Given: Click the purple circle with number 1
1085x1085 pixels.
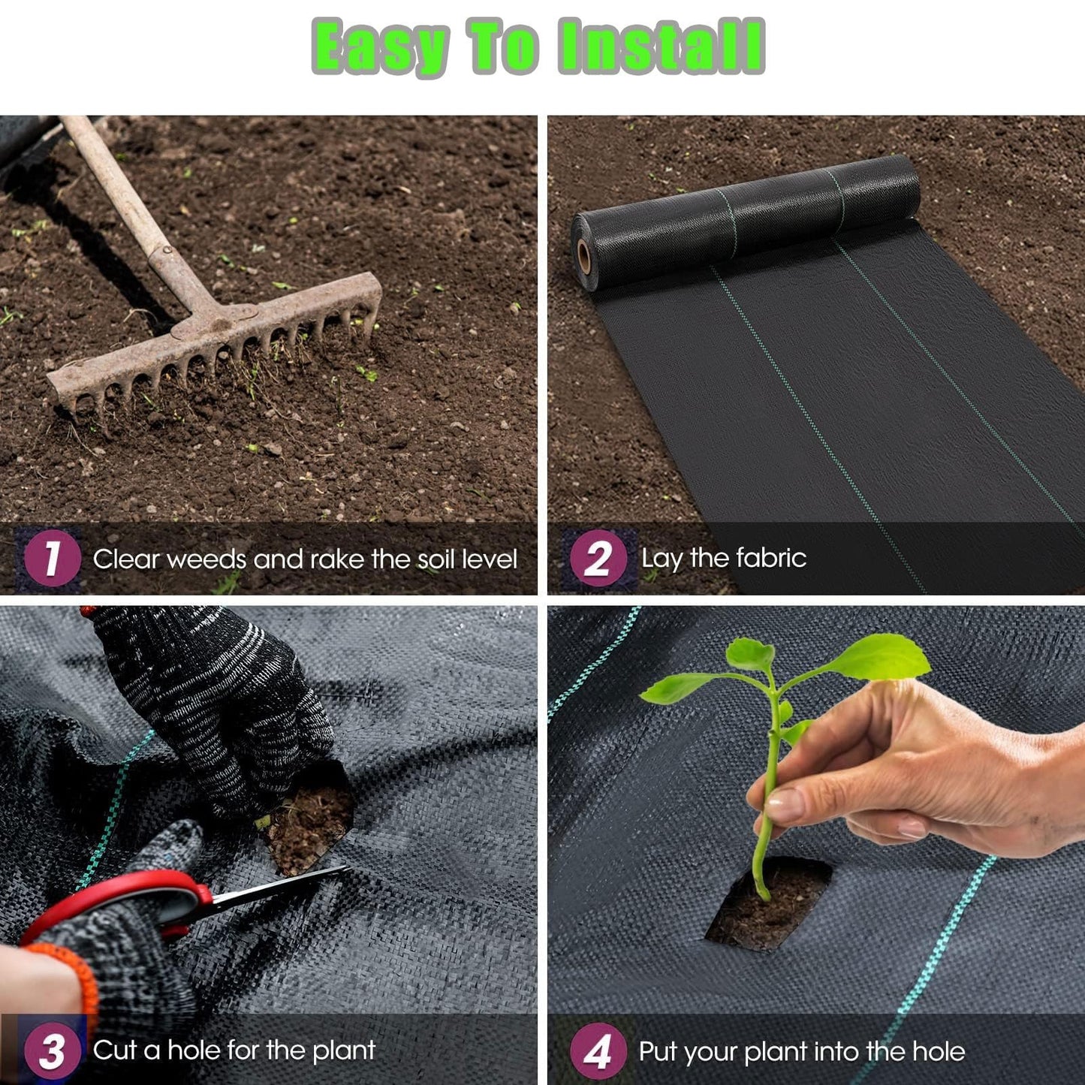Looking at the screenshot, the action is pos(52,557).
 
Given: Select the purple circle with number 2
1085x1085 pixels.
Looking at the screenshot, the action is pos(598,557).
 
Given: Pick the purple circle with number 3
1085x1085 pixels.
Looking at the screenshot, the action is pos(52,1050).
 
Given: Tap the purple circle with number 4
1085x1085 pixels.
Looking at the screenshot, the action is pos(598,1050).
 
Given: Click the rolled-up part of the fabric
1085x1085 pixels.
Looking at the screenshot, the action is pos(743,222).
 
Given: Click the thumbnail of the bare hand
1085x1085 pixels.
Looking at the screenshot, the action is pos(785,803).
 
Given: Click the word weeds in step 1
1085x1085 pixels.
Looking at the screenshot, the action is pos(206,559).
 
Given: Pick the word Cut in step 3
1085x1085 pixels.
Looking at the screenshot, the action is pos(114,1050).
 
